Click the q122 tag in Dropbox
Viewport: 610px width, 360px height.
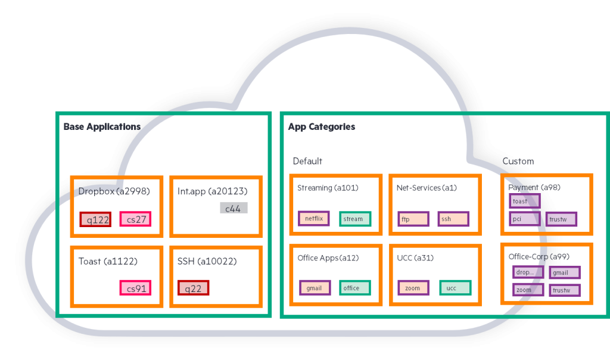click(x=95, y=219)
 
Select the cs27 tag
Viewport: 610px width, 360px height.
click(x=135, y=219)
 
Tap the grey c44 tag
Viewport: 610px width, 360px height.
click(x=233, y=208)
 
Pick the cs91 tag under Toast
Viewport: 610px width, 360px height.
click(x=135, y=288)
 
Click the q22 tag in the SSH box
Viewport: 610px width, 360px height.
click(x=194, y=288)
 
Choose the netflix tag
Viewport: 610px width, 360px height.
click(x=313, y=219)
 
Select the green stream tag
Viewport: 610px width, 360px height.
click(x=355, y=219)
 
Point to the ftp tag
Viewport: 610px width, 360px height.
click(x=412, y=219)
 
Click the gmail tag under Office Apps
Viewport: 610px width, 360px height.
click(x=315, y=288)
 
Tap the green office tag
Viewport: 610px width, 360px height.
click(x=355, y=288)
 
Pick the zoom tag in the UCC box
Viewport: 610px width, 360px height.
click(x=413, y=288)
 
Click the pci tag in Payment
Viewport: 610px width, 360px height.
click(x=525, y=219)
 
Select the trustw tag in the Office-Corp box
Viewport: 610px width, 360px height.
click(x=564, y=291)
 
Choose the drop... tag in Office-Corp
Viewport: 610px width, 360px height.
click(x=528, y=272)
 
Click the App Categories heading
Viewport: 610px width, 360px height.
click(x=322, y=127)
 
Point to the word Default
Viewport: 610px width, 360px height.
click(x=307, y=161)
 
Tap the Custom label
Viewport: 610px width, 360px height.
click(x=518, y=161)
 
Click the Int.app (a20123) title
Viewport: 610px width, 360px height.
click(x=212, y=191)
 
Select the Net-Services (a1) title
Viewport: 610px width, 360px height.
click(x=427, y=188)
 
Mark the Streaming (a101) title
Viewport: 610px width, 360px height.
click(x=328, y=188)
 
